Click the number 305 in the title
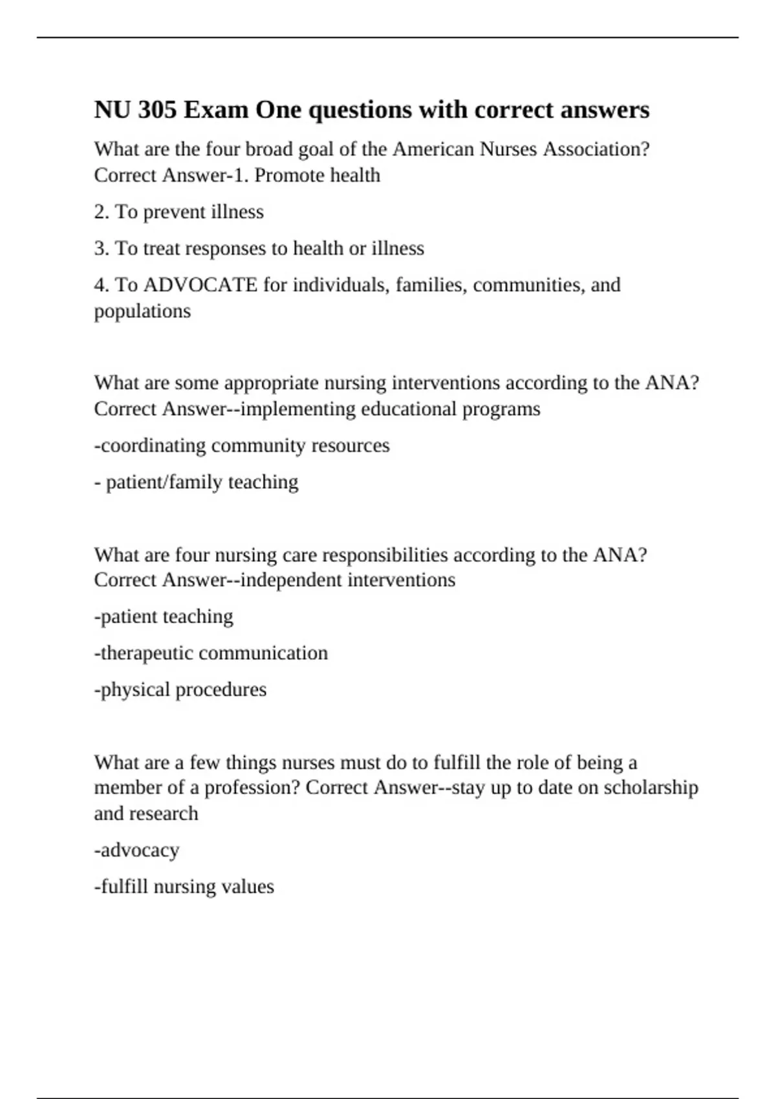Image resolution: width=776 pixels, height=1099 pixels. coord(157,110)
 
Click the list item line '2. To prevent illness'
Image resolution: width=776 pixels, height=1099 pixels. coord(178,212)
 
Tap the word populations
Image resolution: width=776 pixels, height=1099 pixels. coord(142,311)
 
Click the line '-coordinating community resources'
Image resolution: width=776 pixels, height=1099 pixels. coord(242,445)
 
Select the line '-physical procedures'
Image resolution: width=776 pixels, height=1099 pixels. coord(180,690)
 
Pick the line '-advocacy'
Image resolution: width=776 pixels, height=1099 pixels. coord(136,850)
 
